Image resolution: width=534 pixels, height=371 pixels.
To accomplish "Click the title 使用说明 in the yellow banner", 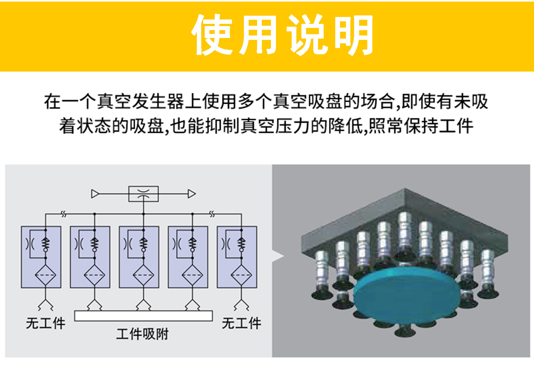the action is [x=282, y=35].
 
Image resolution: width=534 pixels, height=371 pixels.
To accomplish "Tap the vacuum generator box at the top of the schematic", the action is [x=143, y=194].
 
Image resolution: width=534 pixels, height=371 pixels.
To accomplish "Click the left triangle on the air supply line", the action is [x=95, y=194].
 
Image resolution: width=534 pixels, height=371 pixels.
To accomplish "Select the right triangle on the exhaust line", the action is [x=192, y=194].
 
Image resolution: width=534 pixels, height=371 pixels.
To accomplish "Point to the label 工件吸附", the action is [x=142, y=334].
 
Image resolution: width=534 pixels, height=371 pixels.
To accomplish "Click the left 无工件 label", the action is [x=46, y=323].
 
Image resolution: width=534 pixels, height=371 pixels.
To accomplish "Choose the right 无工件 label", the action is [x=241, y=323].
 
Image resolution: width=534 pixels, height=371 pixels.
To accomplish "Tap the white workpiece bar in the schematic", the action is [x=143, y=316].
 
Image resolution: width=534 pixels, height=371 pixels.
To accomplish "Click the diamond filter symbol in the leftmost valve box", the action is [x=46, y=275].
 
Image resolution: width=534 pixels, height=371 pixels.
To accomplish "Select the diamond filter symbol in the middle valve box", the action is [x=143, y=275].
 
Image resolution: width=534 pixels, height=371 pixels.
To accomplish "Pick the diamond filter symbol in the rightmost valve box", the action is [x=241, y=275].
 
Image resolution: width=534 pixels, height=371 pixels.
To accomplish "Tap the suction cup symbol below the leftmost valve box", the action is [x=46, y=305].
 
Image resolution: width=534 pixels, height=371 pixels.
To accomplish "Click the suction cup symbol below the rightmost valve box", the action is [x=241, y=305].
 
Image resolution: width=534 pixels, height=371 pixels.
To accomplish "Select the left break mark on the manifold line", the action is [x=64, y=214].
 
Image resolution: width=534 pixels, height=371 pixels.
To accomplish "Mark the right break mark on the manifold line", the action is [x=212, y=214].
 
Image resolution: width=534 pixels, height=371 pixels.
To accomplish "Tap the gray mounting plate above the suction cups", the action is [x=405, y=222].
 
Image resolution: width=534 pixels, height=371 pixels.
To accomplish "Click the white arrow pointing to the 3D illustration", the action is [x=278, y=256].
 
